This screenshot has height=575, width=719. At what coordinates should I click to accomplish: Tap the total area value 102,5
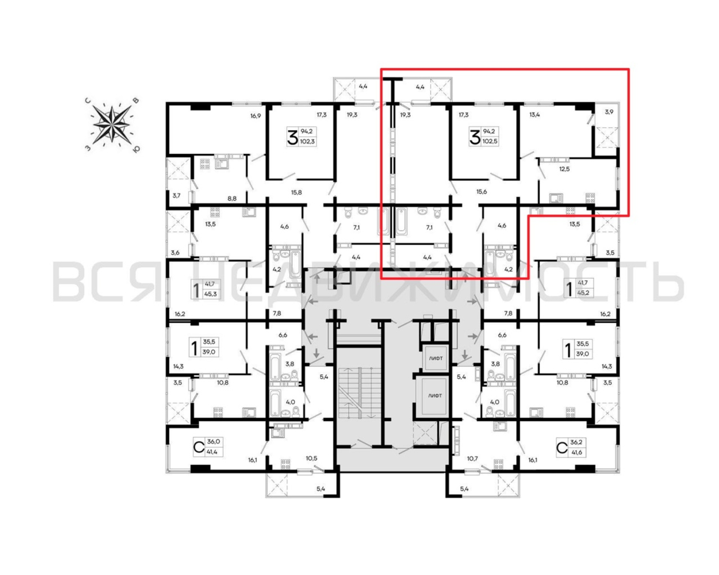(490, 141)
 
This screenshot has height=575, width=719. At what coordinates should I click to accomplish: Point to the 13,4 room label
(535, 115)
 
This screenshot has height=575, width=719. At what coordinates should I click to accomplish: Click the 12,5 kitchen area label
(564, 169)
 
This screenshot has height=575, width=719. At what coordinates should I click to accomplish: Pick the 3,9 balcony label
(609, 112)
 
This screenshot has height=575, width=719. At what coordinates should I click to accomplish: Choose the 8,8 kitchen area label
(232, 198)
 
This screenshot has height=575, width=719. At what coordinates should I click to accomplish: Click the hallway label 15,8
(296, 192)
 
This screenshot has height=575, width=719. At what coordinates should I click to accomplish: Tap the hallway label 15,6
(481, 192)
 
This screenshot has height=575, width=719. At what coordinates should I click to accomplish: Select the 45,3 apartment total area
(211, 294)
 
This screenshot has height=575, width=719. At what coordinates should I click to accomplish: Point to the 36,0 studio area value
(213, 442)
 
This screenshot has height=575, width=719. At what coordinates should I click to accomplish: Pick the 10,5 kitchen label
(311, 458)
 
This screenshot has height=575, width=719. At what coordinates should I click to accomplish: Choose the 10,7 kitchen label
(472, 459)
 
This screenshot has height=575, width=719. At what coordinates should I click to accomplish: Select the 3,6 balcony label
(175, 253)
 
